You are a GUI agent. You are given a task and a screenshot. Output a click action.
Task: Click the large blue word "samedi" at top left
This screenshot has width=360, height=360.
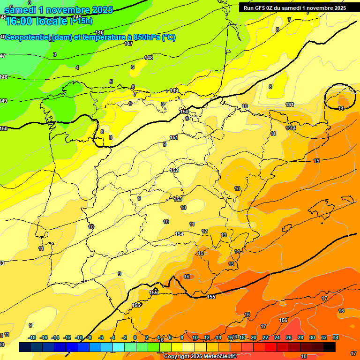pyautogui.click(x=21, y=10)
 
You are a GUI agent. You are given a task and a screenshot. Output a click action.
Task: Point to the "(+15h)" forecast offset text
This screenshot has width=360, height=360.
pyautogui.click(x=81, y=21)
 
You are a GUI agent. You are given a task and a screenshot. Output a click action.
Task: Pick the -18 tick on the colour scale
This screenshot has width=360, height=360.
pyautogui.click(x=32, y=338)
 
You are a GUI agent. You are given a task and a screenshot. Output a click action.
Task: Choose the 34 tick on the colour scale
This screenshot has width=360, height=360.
pyautogui.click(x=336, y=338)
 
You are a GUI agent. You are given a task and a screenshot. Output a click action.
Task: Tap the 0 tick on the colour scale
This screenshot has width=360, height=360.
pyautogui.click(x=135, y=338)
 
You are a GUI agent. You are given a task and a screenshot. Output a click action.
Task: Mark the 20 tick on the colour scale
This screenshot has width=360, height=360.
pyautogui.click(x=254, y=338)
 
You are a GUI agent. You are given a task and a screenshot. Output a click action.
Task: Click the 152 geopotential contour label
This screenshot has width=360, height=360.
pyautogui.click(x=174, y=171)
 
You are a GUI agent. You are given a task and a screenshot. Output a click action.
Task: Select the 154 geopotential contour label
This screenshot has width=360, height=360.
pyautogui.click(x=179, y=234)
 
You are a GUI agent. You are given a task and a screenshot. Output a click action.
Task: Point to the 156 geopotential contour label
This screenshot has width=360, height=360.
pyautogui.click(x=283, y=321)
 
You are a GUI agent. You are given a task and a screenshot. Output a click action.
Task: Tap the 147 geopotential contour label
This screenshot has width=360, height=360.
pyautogui.click(x=128, y=44)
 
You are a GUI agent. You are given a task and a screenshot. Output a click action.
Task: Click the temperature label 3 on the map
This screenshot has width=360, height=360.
pyautogui.click(x=55, y=55)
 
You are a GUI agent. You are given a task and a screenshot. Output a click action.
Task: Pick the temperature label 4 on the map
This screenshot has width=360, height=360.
pyautogui.click(x=77, y=67)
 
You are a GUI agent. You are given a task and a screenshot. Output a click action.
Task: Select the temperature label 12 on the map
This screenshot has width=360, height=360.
pyautogui.click(x=204, y=231)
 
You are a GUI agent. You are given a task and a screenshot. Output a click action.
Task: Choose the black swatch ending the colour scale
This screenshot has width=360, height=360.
pyautogui.click(x=329, y=347)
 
